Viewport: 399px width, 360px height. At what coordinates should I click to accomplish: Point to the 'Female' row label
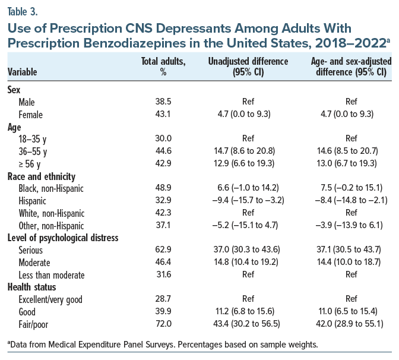(x=31, y=115)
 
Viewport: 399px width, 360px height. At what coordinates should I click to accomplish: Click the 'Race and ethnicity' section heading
(x=42, y=176)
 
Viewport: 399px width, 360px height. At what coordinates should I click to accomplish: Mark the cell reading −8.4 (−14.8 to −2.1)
(x=349, y=201)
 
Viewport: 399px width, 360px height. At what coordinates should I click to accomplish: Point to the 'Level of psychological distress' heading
(x=63, y=238)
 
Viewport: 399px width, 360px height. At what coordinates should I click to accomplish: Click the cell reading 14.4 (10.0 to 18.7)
(x=349, y=263)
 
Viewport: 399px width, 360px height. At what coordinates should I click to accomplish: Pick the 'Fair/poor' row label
(x=35, y=324)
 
